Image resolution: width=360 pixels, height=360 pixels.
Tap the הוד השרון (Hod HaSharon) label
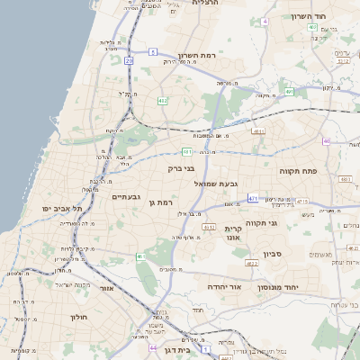[x=315, y=16]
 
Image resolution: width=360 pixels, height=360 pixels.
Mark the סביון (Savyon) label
[x=274, y=254]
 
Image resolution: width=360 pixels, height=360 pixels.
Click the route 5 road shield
[x=154, y=51]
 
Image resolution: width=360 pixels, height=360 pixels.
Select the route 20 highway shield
[x=129, y=60]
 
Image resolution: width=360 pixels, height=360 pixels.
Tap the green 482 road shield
[x=163, y=101]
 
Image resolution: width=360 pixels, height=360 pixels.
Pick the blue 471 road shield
[x=253, y=199]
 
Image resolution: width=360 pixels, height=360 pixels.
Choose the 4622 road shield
[x=253, y=262]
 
